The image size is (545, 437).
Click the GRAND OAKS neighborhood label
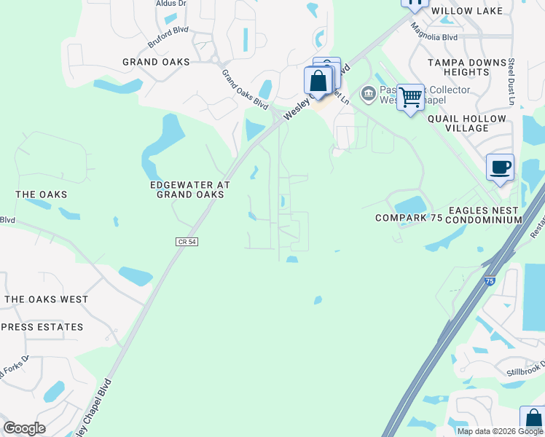coord(156,63)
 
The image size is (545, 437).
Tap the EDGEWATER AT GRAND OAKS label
coord(190,190)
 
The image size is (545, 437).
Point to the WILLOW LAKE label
coord(477,11)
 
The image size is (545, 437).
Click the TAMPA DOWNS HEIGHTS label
coord(468,68)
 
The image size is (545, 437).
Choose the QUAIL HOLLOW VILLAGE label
coord(467,123)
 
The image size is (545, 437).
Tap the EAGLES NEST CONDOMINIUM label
coord(485,215)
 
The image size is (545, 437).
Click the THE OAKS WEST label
coord(46,299)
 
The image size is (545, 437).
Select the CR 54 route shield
coord(187,242)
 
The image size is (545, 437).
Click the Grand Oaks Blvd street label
coord(245,89)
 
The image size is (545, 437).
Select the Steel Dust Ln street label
coord(511,82)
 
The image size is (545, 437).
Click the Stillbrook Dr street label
coord(526,370)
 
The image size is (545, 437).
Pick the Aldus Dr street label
coord(171,4)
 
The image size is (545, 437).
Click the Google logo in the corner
coord(24,428)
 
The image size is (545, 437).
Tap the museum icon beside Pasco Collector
coord(368,93)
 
